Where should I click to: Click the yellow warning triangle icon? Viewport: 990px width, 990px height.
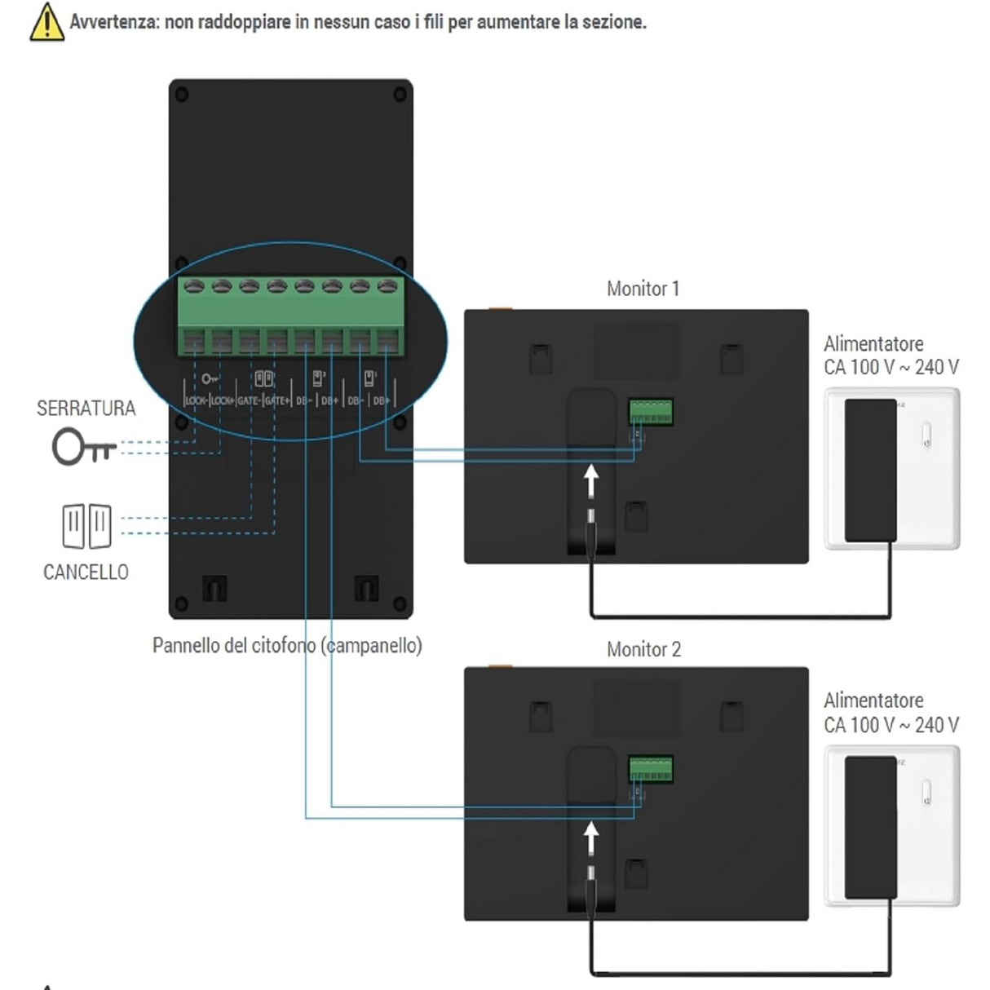[46, 23]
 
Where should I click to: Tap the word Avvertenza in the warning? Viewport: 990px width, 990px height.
[113, 22]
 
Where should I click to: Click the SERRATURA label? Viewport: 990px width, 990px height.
[86, 408]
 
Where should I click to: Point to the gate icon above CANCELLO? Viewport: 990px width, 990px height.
[86, 526]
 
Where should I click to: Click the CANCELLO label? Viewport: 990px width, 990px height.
[86, 572]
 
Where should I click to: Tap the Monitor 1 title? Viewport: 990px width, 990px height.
[643, 289]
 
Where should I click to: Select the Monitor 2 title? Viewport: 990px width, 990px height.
[643, 650]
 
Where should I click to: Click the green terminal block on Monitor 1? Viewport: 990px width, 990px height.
[651, 411]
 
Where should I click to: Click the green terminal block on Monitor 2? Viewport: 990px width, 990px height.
[651, 769]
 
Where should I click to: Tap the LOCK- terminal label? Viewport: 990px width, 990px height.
[196, 400]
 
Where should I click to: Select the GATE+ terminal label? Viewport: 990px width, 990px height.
[276, 400]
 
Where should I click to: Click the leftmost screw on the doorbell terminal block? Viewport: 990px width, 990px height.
[194, 286]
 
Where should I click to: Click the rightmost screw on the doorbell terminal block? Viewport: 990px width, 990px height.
[388, 286]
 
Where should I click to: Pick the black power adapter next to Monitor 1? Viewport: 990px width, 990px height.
[870, 470]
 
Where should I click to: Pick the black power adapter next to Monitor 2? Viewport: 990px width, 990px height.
[870, 827]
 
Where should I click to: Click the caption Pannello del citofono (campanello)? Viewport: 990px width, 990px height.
[287, 646]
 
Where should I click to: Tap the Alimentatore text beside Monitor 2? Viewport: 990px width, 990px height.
[873, 701]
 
